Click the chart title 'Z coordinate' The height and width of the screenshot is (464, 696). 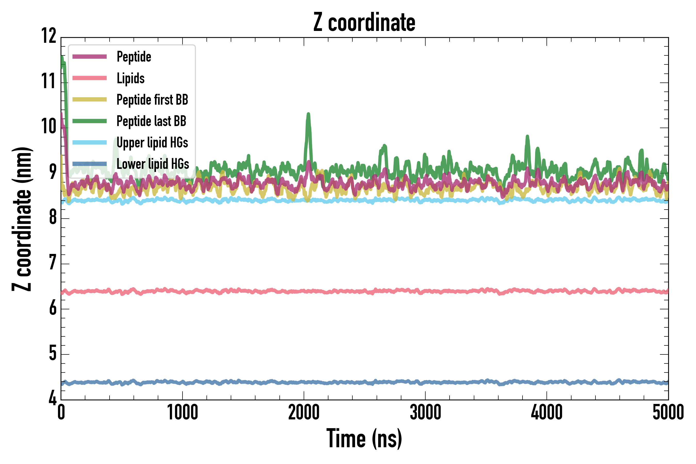(x=364, y=23)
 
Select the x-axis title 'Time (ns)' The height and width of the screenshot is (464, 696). (x=364, y=438)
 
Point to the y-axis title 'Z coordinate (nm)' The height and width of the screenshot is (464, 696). (x=22, y=219)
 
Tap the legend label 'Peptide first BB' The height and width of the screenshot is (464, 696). (x=152, y=100)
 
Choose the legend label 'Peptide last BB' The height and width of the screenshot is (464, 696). (x=151, y=121)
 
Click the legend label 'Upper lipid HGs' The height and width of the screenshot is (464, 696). (x=152, y=143)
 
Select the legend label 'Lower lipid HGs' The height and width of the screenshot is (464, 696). (x=153, y=164)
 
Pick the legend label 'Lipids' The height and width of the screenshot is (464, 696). (x=130, y=78)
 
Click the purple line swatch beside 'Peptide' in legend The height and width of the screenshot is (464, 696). (x=89, y=57)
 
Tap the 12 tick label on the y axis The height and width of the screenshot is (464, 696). (x=49, y=36)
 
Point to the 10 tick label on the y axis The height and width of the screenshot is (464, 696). (x=49, y=127)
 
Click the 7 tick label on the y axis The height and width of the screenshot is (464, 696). (x=53, y=262)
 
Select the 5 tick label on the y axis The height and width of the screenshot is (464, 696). (x=53, y=353)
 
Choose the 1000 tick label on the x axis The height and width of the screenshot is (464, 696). (x=182, y=412)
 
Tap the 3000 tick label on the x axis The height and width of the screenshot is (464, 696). (x=425, y=412)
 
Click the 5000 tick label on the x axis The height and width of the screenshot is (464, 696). (x=668, y=412)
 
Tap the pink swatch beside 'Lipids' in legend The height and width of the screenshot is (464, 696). (x=89, y=78)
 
